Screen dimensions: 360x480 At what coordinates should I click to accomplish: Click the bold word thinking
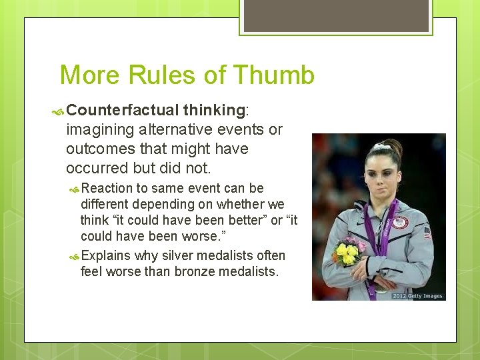(214, 109)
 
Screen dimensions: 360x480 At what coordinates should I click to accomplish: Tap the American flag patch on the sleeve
(427, 233)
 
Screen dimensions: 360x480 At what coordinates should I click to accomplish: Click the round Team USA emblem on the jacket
(400, 222)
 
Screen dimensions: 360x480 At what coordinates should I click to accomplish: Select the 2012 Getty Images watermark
(417, 295)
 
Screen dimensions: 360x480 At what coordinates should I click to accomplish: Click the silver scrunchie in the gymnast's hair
(382, 145)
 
